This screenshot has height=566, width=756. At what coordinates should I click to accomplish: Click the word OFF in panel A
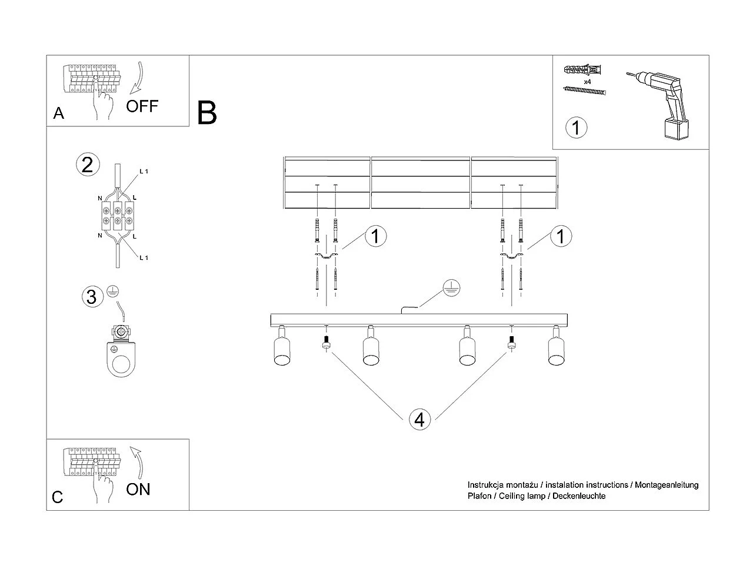click(x=142, y=106)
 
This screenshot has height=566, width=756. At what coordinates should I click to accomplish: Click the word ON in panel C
click(x=138, y=489)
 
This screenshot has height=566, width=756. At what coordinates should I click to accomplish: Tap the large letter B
click(x=207, y=113)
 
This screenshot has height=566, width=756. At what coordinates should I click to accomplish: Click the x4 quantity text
click(x=587, y=81)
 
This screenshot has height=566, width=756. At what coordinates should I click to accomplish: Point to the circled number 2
click(x=87, y=165)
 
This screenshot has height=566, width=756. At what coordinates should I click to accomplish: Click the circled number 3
click(x=91, y=297)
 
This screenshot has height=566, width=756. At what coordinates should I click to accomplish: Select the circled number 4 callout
click(x=419, y=420)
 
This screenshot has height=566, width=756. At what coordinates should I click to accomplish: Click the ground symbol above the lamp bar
click(x=451, y=288)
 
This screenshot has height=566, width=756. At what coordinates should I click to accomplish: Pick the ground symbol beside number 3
click(x=113, y=291)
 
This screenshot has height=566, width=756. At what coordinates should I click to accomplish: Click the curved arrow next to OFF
click(x=136, y=76)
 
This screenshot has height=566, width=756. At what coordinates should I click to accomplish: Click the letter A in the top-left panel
click(x=58, y=113)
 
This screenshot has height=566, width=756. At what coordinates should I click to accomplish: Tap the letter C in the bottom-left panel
click(x=57, y=497)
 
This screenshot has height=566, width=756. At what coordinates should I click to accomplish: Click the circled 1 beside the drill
click(x=576, y=127)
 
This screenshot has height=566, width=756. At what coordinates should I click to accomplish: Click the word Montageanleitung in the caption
click(x=667, y=485)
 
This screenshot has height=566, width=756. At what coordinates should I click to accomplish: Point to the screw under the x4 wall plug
click(x=584, y=91)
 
